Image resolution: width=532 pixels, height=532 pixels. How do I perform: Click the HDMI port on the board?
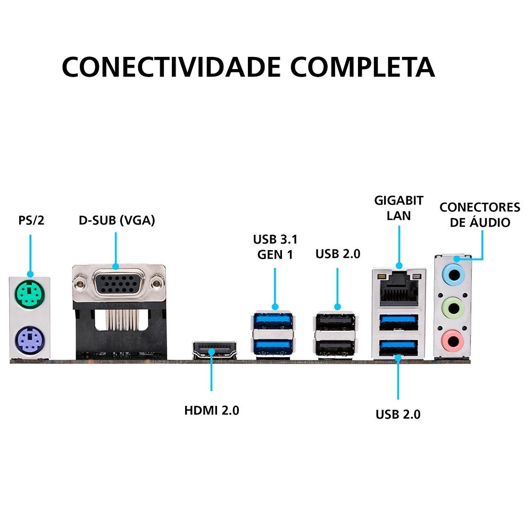click(214, 350)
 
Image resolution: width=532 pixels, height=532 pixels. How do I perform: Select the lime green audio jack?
click(453, 306)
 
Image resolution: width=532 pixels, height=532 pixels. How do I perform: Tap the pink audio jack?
click(453, 338)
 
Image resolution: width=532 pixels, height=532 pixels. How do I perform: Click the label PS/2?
click(31, 220)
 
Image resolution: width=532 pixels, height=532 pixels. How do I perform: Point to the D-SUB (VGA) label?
click(117, 220)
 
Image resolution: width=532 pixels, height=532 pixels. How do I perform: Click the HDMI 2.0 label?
click(212, 411)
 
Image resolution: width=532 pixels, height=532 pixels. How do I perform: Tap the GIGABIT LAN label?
click(399, 208)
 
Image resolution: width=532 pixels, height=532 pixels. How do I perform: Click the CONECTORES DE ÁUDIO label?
click(479, 214)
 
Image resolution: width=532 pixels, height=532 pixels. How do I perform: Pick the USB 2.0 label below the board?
click(398, 414)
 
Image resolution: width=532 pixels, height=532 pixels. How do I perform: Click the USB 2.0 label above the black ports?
click(338, 254)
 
